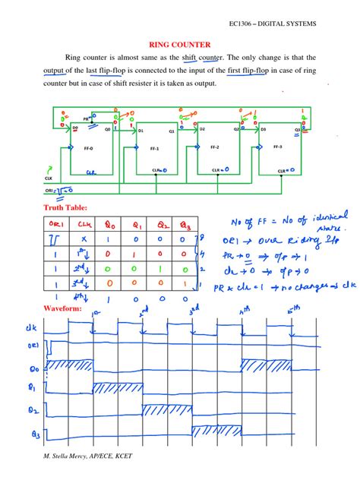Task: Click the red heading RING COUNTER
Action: (179, 44)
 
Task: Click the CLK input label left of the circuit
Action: (48, 178)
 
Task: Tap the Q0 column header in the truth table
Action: (109, 223)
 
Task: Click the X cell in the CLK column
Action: (84, 239)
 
